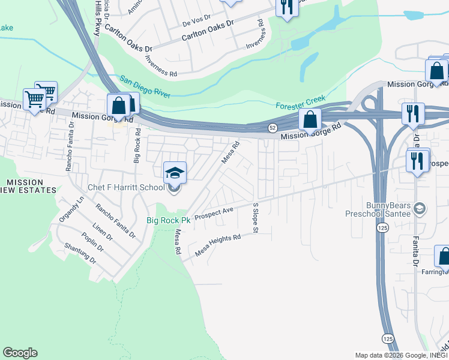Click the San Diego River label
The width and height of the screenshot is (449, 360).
coord(145,87)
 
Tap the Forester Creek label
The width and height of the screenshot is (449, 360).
coord(300,102)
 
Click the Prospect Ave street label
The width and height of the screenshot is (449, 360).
coord(214,214)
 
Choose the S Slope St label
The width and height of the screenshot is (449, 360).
coord(255,218)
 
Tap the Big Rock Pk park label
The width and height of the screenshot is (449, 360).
coord(168,220)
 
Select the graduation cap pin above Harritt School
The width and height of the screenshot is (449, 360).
coord(175,173)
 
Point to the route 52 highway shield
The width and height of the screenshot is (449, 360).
coord(272,127)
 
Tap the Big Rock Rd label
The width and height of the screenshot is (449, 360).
coord(137,149)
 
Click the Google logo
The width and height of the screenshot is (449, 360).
coord(20,353)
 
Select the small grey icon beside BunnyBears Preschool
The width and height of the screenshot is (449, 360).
coord(420,209)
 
